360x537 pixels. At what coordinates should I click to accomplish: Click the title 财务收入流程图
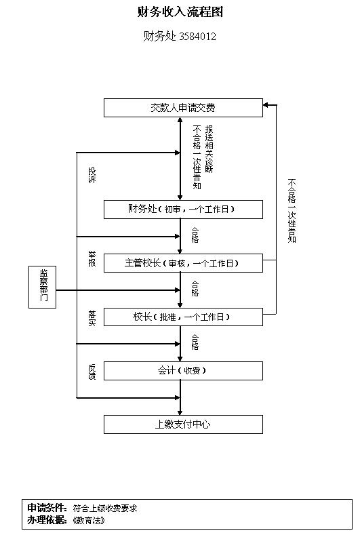click(180, 12)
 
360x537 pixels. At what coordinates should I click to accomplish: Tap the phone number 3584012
click(198, 36)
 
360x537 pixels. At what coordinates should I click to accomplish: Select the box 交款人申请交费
click(183, 108)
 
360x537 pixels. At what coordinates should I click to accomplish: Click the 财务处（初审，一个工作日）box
click(183, 210)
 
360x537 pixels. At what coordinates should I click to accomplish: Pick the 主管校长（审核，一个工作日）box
click(183, 263)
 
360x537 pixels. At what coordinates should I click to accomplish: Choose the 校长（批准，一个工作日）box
click(183, 317)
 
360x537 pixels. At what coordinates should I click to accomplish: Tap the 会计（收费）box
click(183, 371)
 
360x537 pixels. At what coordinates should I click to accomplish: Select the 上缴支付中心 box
click(183, 424)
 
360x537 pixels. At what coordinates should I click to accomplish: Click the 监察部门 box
click(43, 287)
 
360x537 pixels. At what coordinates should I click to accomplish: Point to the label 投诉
click(92, 175)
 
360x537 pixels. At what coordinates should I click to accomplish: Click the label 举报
click(92, 259)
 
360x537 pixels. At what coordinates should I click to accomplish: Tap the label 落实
click(92, 318)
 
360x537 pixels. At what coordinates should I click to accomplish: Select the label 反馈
click(92, 372)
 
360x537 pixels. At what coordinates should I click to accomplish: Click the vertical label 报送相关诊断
click(209, 149)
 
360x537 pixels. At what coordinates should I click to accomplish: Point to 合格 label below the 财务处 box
click(195, 235)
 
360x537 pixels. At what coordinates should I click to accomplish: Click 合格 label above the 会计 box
click(195, 342)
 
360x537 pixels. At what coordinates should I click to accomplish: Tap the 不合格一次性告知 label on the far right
click(292, 211)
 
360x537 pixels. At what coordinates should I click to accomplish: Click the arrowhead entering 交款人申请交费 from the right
click(266, 105)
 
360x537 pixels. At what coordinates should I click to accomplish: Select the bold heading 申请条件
click(47, 508)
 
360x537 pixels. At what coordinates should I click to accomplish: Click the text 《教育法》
click(88, 521)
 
